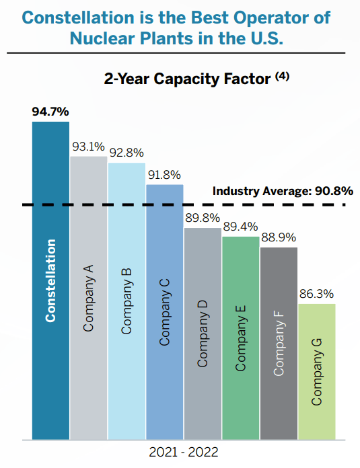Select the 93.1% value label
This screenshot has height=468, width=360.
pyautogui.click(x=88, y=146)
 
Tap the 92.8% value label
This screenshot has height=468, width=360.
pyautogui.click(x=127, y=152)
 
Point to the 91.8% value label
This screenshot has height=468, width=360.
pyautogui.click(x=164, y=174)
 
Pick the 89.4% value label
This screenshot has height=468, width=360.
pyautogui.click(x=240, y=226)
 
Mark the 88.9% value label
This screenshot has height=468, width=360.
pyautogui.click(x=278, y=237)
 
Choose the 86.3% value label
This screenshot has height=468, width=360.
pyautogui.click(x=316, y=294)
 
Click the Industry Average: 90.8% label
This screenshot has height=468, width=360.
pyautogui.click(x=283, y=191)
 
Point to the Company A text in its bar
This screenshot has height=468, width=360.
pyautogui.click(x=88, y=297)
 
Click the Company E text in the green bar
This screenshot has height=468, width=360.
pyautogui.click(x=240, y=337)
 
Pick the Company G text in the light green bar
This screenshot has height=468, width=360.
pyautogui.click(x=316, y=370)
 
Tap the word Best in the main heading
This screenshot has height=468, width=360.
pyautogui.click(x=199, y=17)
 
